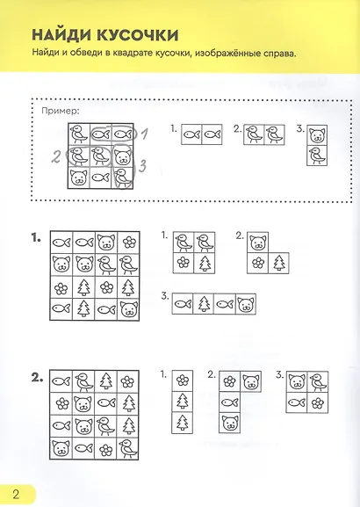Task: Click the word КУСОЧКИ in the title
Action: [137, 34]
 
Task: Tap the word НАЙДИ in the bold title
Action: [61, 34]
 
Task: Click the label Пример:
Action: [60, 112]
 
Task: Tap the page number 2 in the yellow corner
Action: [16, 495]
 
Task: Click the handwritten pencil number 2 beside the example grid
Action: [56, 157]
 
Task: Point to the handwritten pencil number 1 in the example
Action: [144, 134]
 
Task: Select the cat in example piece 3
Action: [317, 135]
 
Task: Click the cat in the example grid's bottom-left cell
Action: [78, 178]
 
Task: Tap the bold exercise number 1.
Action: [36, 239]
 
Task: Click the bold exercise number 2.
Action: [37, 377]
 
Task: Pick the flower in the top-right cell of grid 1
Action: [129, 243]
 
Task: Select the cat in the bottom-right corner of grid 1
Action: [128, 309]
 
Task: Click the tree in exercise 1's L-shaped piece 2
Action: [278, 263]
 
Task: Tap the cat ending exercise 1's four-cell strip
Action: [246, 304]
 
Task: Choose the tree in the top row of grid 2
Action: [105, 380]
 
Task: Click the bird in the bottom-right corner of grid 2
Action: [127, 449]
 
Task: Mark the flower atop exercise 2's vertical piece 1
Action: [183, 380]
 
